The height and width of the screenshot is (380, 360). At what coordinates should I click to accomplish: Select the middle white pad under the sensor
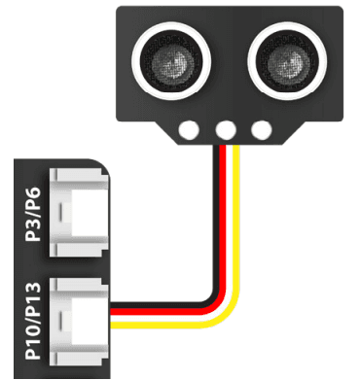pyautogui.click(x=227, y=129)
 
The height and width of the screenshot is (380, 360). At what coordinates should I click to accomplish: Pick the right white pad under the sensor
pyautogui.click(x=261, y=129)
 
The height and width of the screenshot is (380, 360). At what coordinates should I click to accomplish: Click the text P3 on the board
pyautogui.click(x=35, y=230)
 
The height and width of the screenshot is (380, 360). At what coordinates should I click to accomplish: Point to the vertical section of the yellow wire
pyautogui.click(x=235, y=224)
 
